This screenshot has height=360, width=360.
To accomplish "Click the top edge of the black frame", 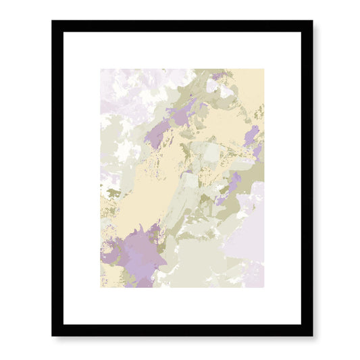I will point(182,26).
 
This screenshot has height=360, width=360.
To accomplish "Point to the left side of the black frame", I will point(57,178).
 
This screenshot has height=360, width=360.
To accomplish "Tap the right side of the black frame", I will point(307,178).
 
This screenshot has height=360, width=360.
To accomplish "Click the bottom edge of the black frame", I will point(182,330).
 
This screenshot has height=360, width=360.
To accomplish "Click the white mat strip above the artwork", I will point(182,50).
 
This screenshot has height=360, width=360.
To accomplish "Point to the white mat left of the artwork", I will point(82,178).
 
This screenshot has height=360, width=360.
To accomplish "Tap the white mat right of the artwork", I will point(282,178).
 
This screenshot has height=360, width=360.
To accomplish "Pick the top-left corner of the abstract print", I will point(101,69).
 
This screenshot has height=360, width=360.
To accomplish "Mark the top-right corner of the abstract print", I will point(263,69).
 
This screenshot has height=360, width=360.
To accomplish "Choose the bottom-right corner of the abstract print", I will point(263,287).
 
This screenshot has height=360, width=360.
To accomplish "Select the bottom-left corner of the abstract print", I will point(101,287).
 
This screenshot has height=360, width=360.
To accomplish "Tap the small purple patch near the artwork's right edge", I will point(252,135).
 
